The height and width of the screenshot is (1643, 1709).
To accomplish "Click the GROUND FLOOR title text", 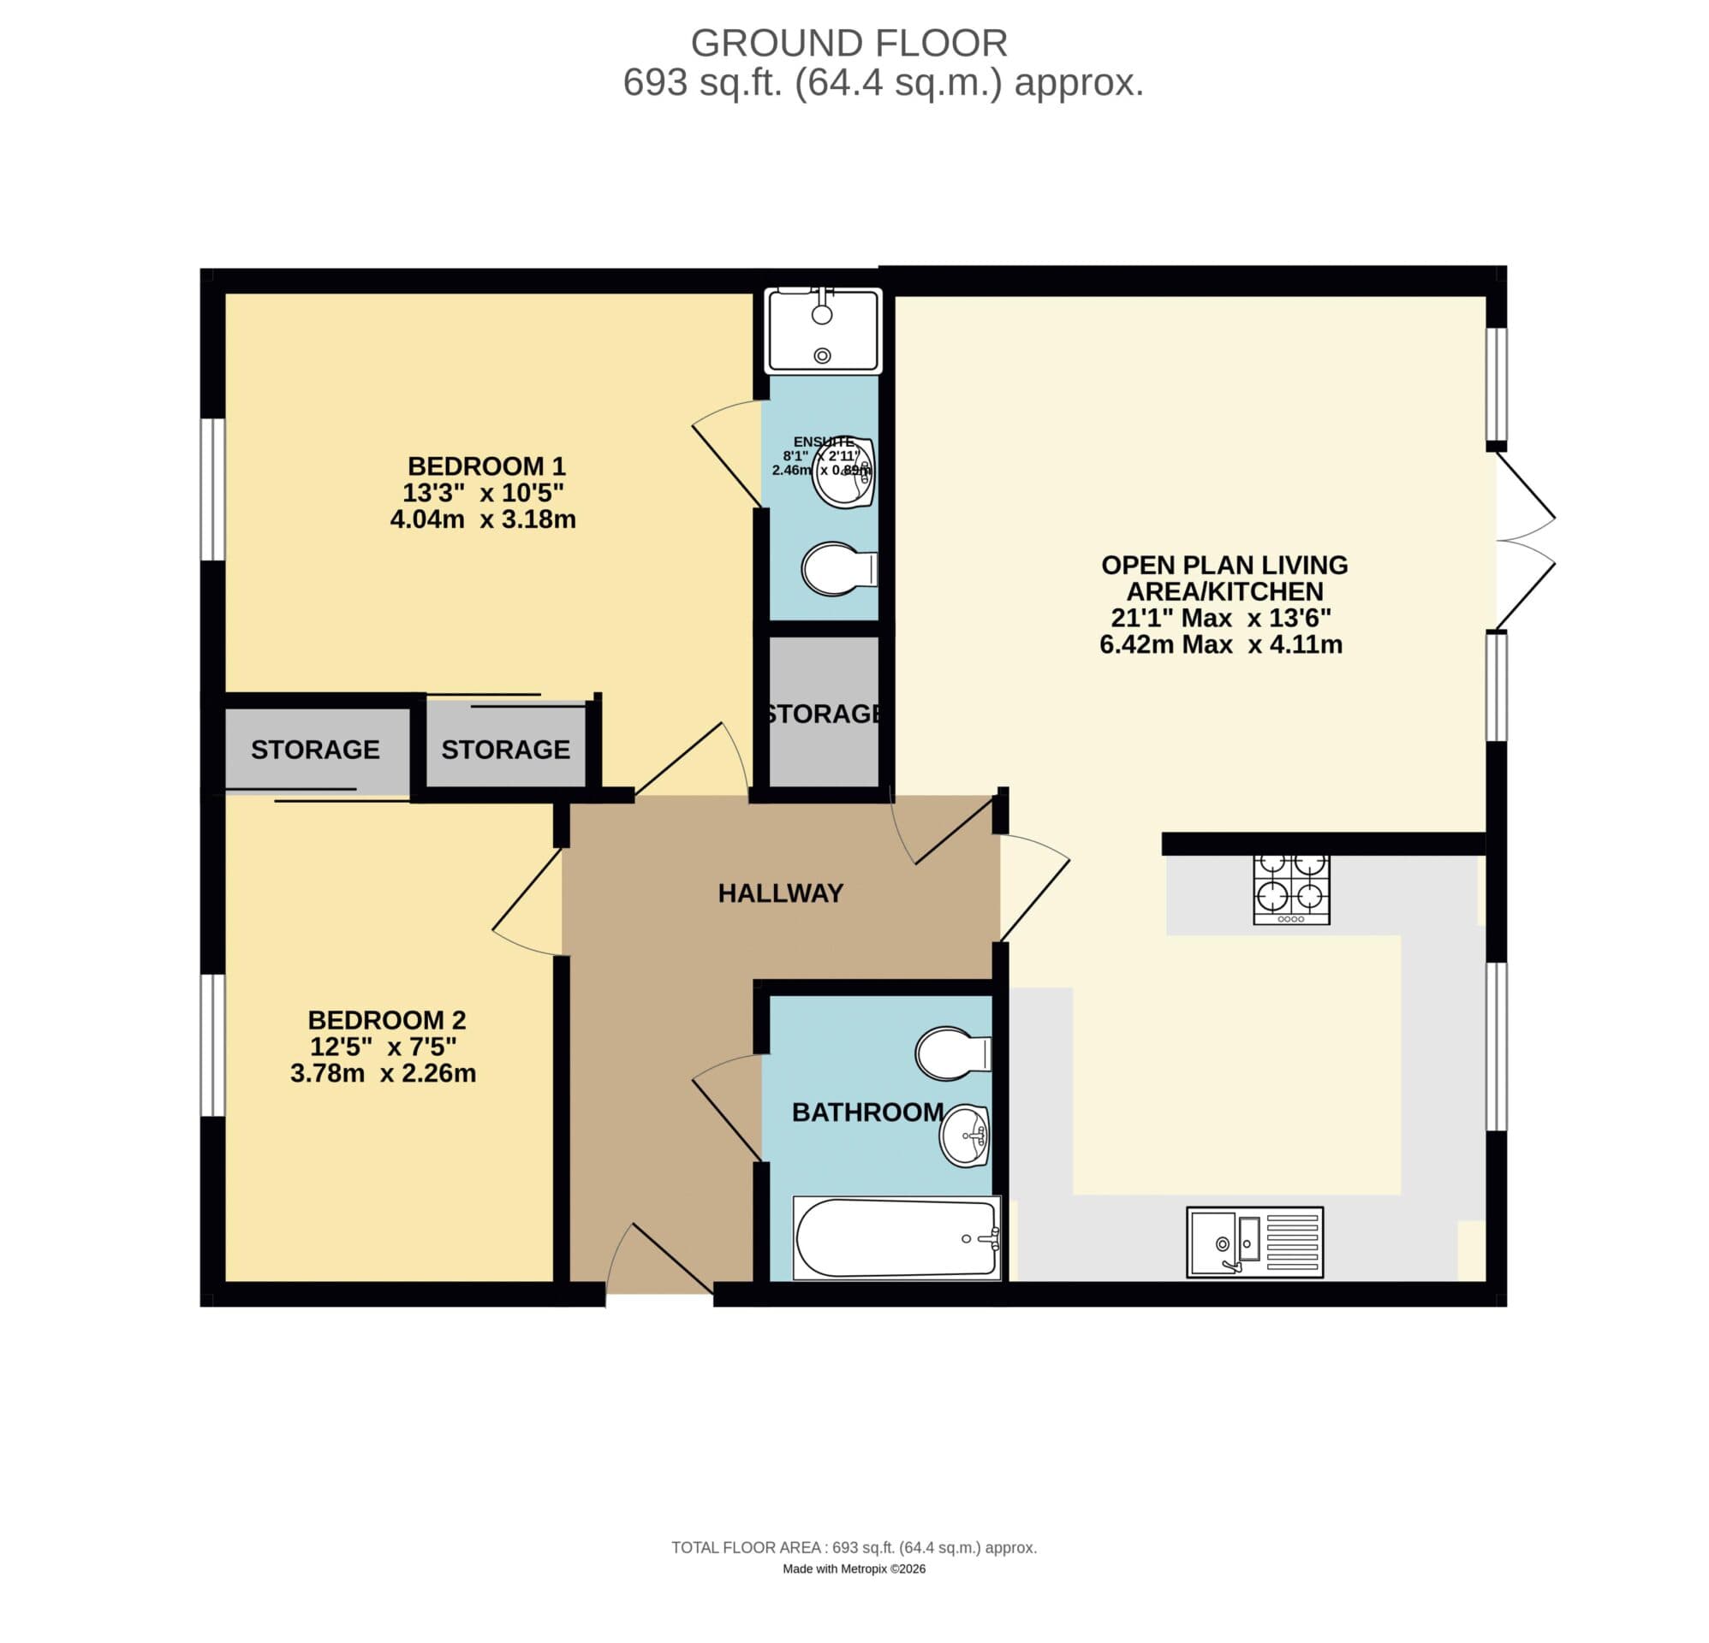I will pyautogui.click(x=849, y=43).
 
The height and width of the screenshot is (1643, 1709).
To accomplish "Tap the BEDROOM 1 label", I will pyautogui.click(x=486, y=466).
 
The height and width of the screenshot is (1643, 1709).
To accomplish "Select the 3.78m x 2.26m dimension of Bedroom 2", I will pyautogui.click(x=383, y=1073).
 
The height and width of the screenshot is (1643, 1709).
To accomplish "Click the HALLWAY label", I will pyautogui.click(x=780, y=893).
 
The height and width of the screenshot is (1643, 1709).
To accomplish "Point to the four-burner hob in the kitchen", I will pyautogui.click(x=1290, y=888).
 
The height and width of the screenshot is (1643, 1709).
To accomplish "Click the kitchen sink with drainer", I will pyautogui.click(x=1253, y=1242).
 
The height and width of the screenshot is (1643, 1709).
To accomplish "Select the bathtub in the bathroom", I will pyautogui.click(x=896, y=1237).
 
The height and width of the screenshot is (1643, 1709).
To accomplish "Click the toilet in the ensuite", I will pyautogui.click(x=838, y=569).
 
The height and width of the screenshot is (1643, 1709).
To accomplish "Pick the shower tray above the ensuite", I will pyautogui.click(x=823, y=332).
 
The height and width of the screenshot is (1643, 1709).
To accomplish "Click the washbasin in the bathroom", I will pyautogui.click(x=964, y=1135).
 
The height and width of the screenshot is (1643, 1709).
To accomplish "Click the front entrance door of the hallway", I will pyautogui.click(x=661, y=1261).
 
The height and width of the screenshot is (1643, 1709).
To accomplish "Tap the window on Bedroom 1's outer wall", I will pyautogui.click(x=212, y=489).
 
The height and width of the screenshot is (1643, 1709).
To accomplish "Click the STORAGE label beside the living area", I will pyautogui.click(x=823, y=714).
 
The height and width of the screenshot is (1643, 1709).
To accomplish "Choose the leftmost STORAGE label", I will pyautogui.click(x=315, y=750).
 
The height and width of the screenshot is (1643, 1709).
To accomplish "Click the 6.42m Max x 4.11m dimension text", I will pyautogui.click(x=1221, y=645).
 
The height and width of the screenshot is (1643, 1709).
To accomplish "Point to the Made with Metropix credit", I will pyautogui.click(x=854, y=1569).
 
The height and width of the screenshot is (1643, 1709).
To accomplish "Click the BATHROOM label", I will pyautogui.click(x=867, y=1112).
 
